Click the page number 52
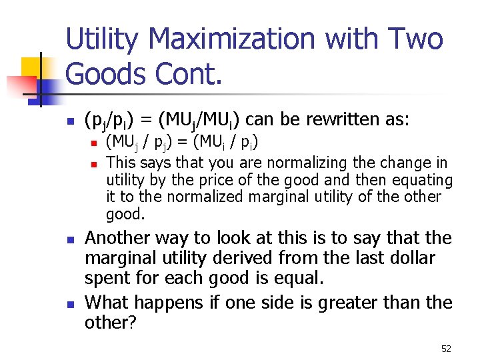tap(446, 349)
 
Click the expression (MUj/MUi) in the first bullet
tap(210, 121)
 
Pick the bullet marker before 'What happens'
tap(69, 304)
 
